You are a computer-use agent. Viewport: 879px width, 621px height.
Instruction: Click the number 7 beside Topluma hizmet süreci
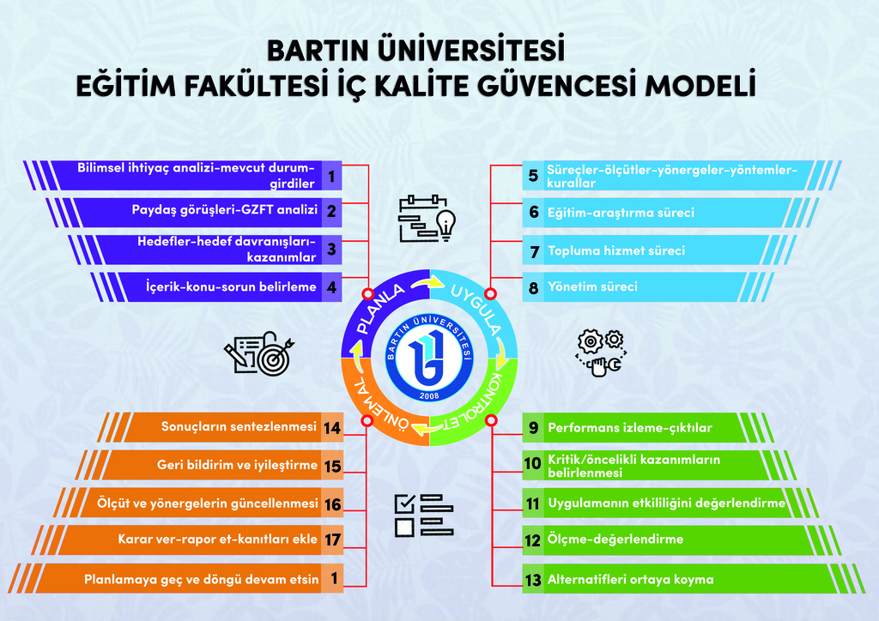tap(534, 252)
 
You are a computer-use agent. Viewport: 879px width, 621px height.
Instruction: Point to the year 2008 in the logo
tap(429, 396)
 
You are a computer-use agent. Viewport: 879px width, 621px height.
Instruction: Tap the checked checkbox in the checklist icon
tap(405, 503)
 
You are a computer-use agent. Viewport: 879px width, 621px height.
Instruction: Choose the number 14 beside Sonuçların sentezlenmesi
tap(332, 428)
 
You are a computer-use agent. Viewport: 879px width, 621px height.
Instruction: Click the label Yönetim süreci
tap(592, 286)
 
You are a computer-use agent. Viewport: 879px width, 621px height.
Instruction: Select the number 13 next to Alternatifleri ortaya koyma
tap(532, 580)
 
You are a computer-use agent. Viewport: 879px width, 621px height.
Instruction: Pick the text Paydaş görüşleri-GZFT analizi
tap(225, 210)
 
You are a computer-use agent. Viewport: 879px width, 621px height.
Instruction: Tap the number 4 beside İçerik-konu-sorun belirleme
tap(332, 287)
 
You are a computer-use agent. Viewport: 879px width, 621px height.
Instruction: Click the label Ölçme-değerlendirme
tap(615, 540)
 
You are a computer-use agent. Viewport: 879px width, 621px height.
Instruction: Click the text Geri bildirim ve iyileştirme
tap(237, 465)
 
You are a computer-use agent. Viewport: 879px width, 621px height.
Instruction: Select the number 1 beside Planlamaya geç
tap(334, 578)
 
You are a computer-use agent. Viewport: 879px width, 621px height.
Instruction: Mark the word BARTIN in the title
tap(318, 51)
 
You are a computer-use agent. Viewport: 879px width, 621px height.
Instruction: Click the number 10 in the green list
tap(532, 464)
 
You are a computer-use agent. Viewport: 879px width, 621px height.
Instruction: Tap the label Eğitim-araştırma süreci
tap(621, 213)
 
